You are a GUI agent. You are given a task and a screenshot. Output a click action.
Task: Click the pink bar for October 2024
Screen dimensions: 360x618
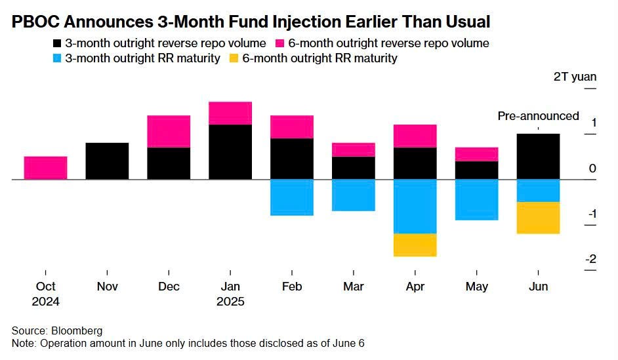tap(45, 167)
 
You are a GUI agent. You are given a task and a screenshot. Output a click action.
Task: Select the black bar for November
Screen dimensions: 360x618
tap(107, 161)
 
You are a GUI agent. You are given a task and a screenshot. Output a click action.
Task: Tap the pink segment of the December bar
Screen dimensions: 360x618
tap(169, 131)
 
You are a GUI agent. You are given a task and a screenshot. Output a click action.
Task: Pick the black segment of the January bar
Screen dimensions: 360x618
tap(230, 151)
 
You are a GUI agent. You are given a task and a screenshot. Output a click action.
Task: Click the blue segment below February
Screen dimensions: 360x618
tap(291, 197)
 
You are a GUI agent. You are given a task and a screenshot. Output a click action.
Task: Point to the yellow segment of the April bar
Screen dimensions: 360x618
tap(415, 245)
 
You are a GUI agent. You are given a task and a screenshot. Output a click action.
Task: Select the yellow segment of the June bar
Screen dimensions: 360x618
tap(538, 218)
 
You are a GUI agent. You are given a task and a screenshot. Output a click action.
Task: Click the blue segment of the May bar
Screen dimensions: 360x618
tap(476, 199)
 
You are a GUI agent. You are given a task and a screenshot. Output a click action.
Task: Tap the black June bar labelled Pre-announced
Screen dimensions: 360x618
tap(538, 156)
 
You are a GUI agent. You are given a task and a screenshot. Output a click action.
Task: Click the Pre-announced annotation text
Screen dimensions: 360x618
tap(538, 116)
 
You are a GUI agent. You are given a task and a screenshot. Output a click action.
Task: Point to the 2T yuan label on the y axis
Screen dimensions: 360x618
tap(575, 77)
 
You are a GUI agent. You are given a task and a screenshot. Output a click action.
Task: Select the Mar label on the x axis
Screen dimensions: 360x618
tap(354, 287)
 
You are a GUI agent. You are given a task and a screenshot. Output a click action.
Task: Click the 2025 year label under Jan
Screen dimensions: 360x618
tap(230, 302)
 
